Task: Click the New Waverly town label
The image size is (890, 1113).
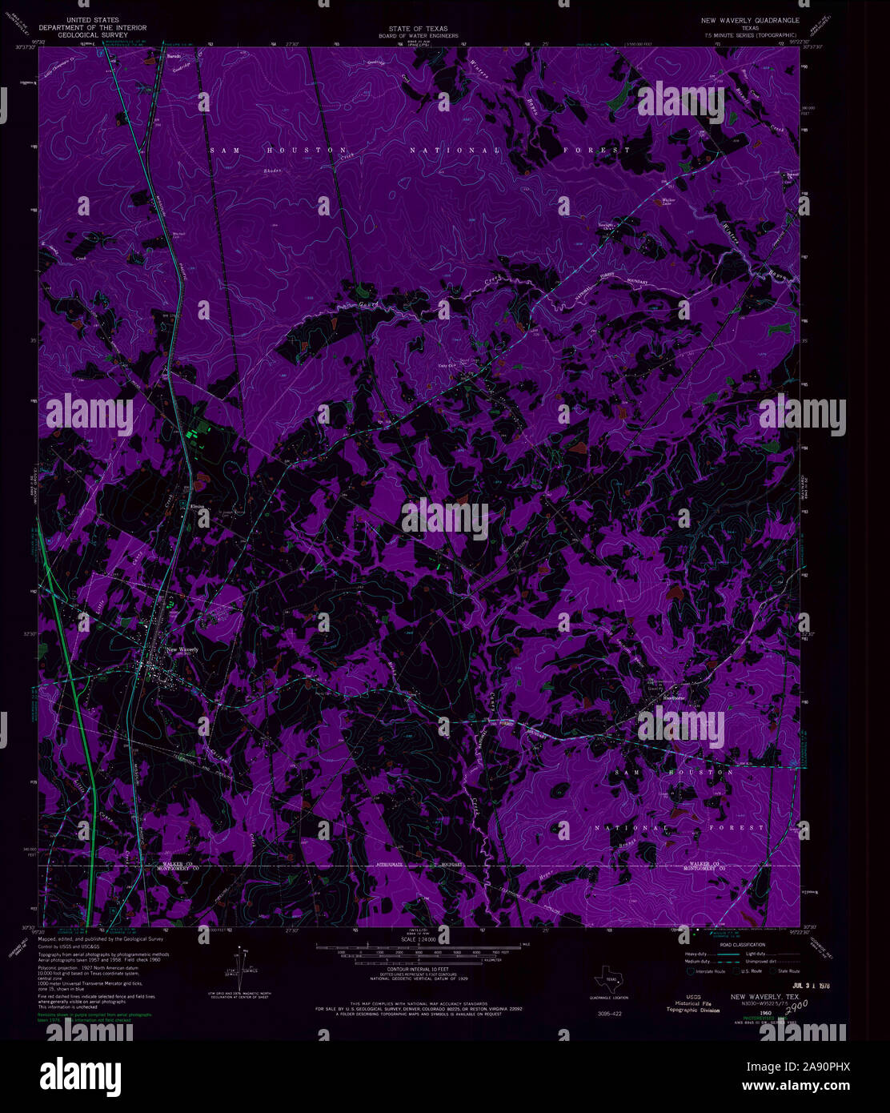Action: (x=182, y=649)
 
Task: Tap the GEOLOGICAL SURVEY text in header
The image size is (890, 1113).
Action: (x=94, y=35)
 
